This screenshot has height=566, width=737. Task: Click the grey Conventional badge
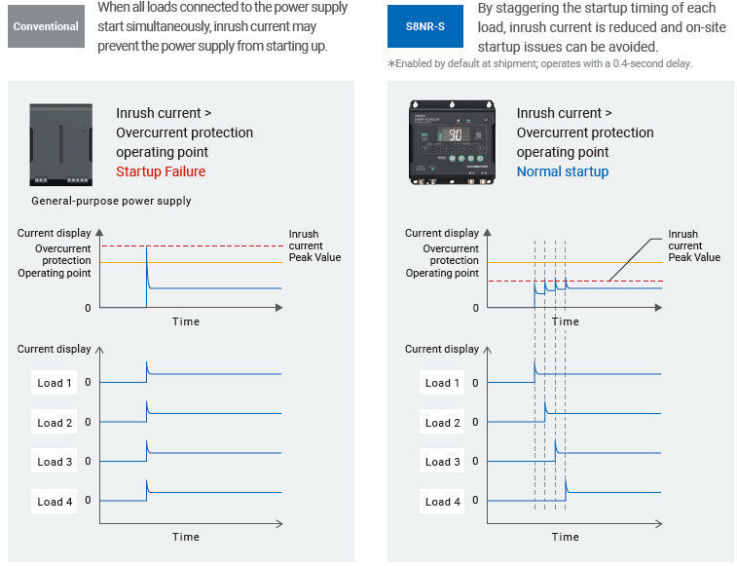(46, 26)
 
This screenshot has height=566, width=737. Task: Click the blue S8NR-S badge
(424, 26)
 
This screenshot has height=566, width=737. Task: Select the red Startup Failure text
(161, 171)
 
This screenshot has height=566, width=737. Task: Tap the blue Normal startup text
(562, 171)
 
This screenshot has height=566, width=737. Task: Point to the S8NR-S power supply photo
(449, 143)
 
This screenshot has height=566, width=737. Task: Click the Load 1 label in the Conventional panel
(55, 383)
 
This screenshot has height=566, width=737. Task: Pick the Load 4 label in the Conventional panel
(55, 502)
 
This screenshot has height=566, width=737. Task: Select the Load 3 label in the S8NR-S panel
(443, 462)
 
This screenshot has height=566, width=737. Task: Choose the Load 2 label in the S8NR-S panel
(443, 423)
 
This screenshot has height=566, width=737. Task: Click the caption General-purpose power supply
(111, 201)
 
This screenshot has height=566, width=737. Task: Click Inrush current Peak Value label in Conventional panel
(314, 245)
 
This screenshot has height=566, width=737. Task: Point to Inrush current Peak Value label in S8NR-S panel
(693, 245)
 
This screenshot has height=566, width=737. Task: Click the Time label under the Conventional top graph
(185, 321)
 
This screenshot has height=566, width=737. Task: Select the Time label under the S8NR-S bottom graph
(565, 537)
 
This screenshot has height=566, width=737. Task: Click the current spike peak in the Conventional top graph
(146, 250)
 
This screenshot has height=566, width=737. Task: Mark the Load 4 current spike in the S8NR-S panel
(567, 484)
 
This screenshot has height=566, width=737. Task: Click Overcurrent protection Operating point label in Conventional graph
(55, 260)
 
